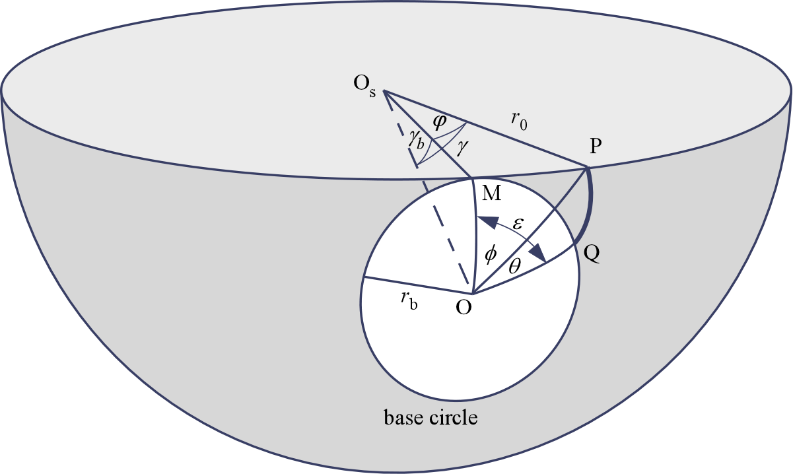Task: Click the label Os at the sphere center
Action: [364, 86]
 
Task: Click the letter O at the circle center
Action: [464, 308]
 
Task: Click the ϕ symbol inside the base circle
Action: [489, 255]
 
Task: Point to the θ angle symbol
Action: [516, 265]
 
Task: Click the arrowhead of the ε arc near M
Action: [485, 221]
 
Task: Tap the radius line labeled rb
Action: [417, 285]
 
